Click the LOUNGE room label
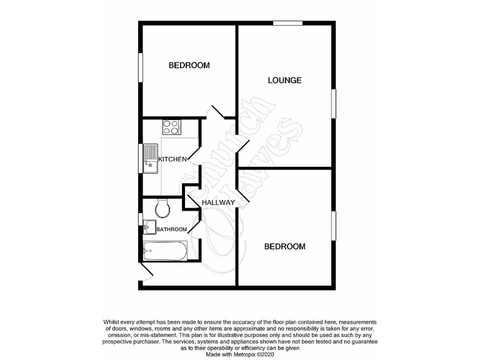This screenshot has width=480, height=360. tap(284, 80)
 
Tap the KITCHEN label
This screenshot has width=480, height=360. tap(172, 159)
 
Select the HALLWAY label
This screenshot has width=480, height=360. tap(217, 202)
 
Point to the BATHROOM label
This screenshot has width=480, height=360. tap(171, 229)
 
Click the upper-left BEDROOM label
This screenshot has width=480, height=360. tap(189, 65)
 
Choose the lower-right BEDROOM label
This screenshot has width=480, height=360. tap(284, 246)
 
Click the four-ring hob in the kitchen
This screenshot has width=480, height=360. tap(171, 127)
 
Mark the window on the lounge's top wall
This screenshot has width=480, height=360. tap(287, 24)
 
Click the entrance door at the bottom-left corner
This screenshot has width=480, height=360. tap(147, 271)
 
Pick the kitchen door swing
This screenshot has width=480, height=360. tap(194, 156)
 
